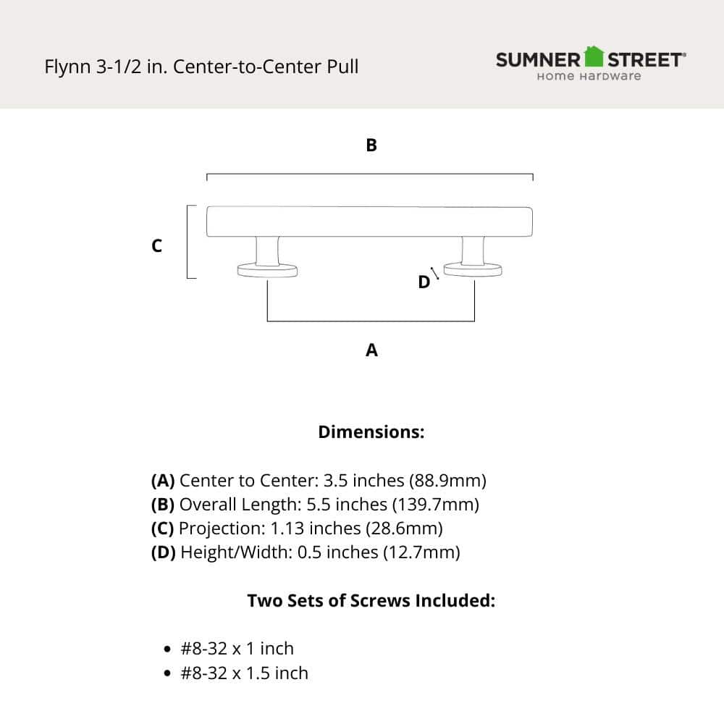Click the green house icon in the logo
[594, 56]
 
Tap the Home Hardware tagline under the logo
[588, 76]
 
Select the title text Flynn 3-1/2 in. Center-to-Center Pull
[201, 67]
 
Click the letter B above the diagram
[371, 146]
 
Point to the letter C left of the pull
[156, 246]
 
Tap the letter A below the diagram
[371, 350]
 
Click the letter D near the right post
[424, 282]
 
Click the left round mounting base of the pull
[268, 271]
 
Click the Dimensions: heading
[371, 432]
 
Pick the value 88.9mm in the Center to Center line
[447, 481]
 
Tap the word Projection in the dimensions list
[214, 529]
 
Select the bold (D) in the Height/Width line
[163, 552]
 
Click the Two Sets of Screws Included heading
[371, 601]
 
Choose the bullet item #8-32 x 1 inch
[237, 649]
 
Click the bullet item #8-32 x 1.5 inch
[244, 673]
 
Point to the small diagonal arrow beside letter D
[435, 272]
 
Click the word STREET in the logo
[644, 59]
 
